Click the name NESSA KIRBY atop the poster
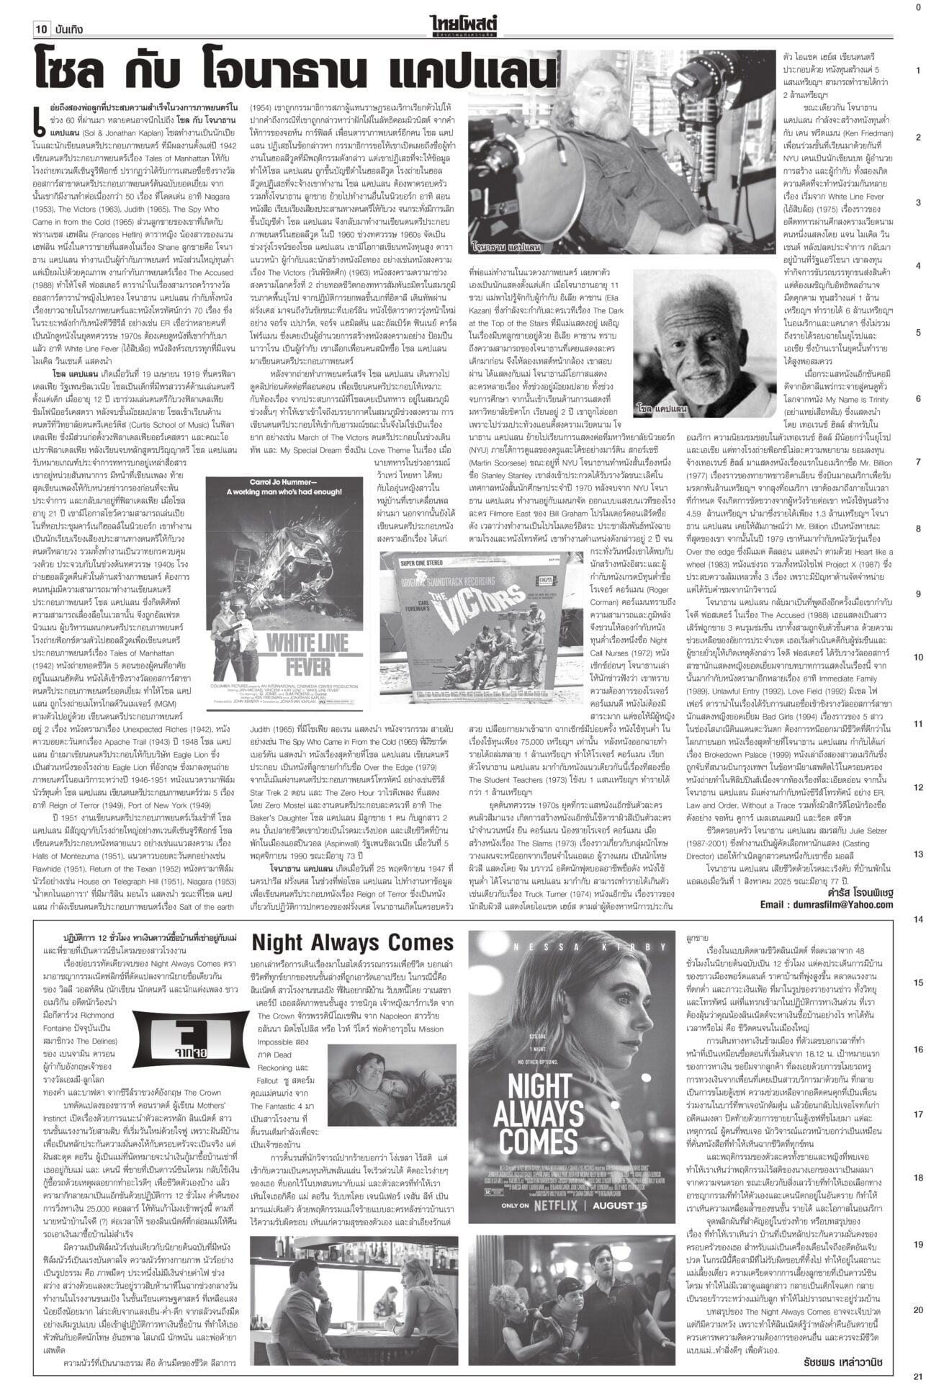pos(573,946)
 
